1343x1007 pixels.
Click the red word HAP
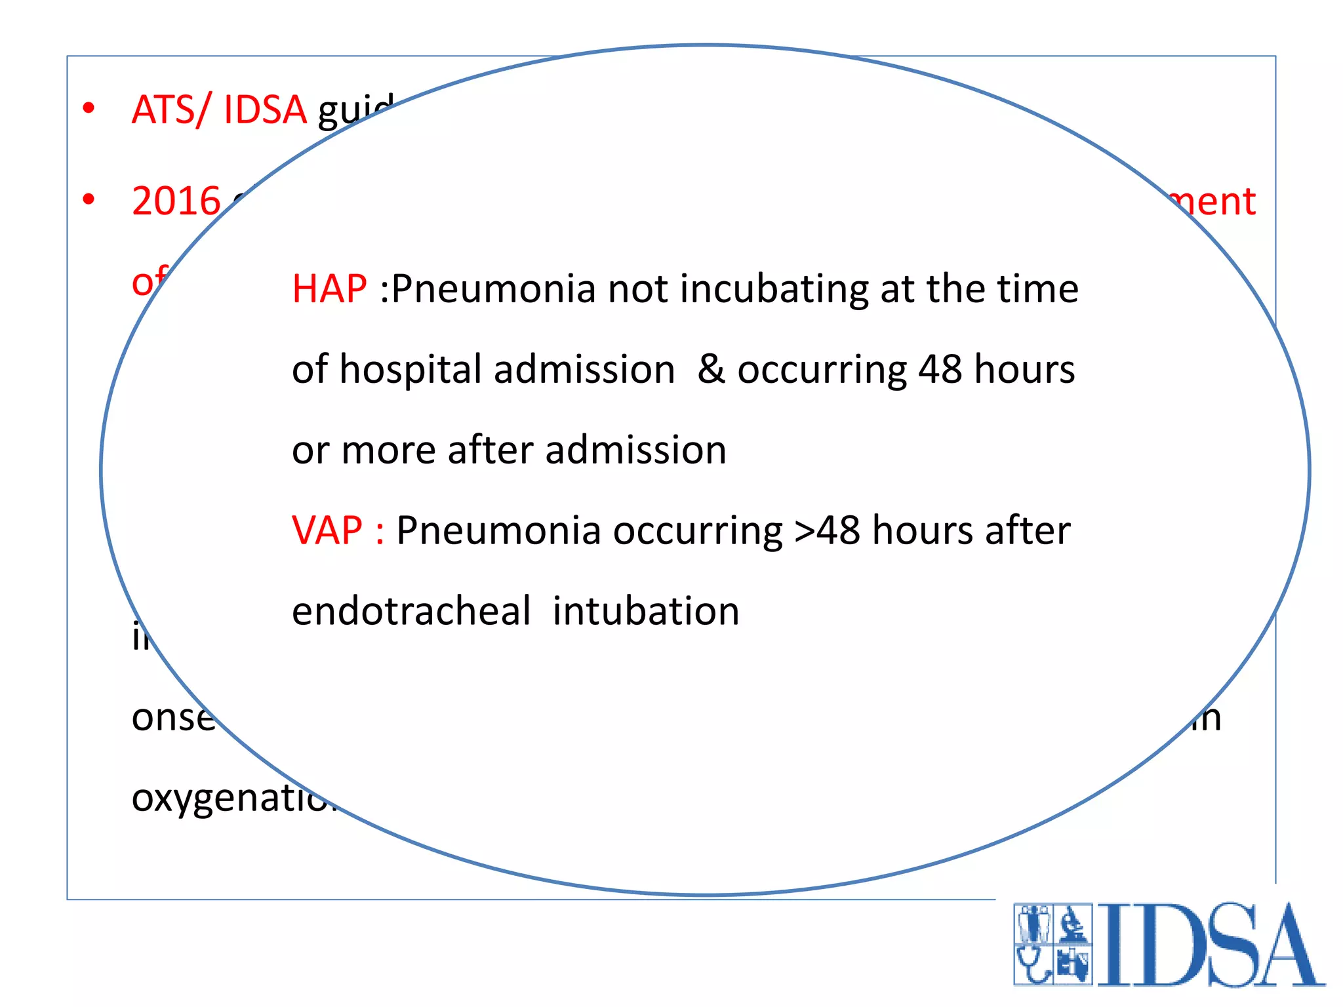click(x=329, y=289)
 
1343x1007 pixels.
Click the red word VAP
click(x=327, y=530)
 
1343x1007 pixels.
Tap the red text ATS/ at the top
click(x=172, y=109)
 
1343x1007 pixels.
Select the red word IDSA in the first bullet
click(x=265, y=109)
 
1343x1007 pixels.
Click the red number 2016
click(x=176, y=201)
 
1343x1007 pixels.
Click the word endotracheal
click(x=411, y=611)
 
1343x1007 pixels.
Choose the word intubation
click(x=646, y=611)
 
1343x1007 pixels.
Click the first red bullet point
click(x=89, y=108)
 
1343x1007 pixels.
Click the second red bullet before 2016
click(x=89, y=199)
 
